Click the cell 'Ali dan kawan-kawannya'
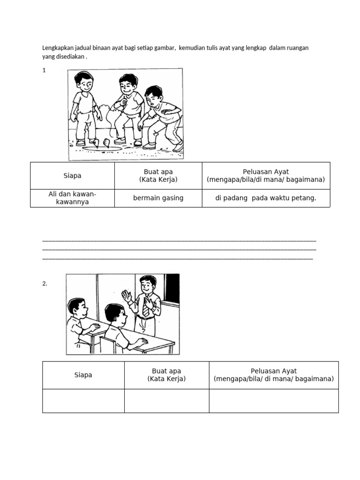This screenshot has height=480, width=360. tap(72, 198)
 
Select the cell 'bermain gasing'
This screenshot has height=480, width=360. tap(158, 198)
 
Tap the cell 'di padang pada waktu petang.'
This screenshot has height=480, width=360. tap(266, 198)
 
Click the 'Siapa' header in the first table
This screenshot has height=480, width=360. tap(72, 176)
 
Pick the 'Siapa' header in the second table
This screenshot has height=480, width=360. tap(83, 375)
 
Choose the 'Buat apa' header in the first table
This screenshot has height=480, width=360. tap(158, 176)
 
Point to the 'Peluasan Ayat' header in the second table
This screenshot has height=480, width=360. tap(274, 375)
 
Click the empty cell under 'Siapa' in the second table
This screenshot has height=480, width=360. tap(83, 401)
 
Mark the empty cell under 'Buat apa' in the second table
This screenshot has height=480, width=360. tap(166, 401)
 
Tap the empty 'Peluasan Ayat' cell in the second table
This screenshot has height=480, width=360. tap(274, 401)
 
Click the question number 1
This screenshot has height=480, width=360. tap(44, 70)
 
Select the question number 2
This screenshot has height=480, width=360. tap(45, 283)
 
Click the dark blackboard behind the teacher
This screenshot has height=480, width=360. tap(172, 288)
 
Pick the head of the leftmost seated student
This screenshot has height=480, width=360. tap(76, 308)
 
